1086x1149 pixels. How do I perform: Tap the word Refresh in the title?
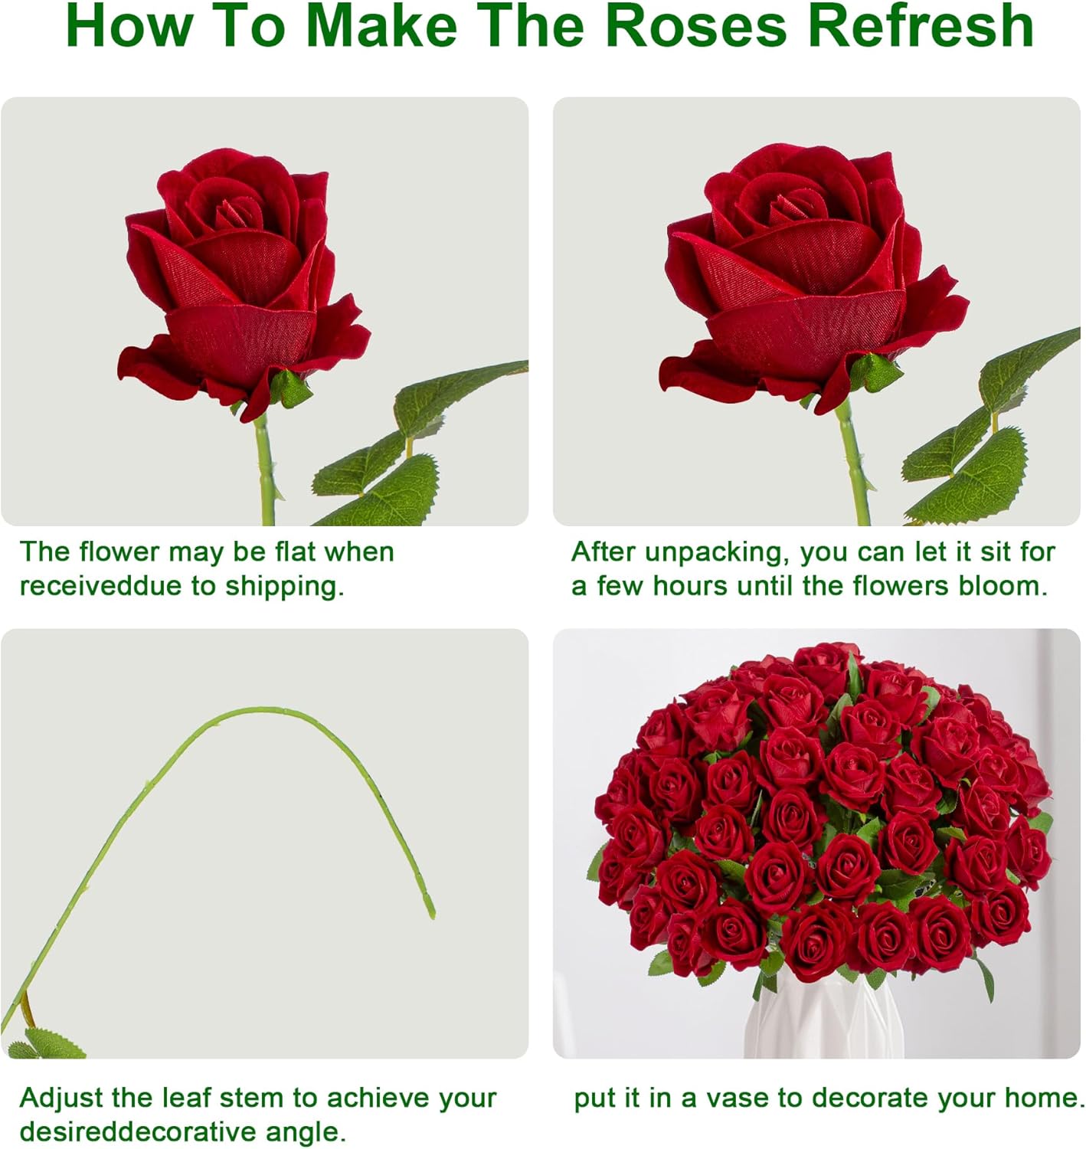[920, 26]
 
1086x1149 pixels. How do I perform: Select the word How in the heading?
[128, 26]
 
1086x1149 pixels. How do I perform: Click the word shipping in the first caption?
[284, 587]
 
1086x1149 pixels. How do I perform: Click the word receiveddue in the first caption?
[101, 587]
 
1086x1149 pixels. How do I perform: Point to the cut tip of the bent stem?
[431, 914]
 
